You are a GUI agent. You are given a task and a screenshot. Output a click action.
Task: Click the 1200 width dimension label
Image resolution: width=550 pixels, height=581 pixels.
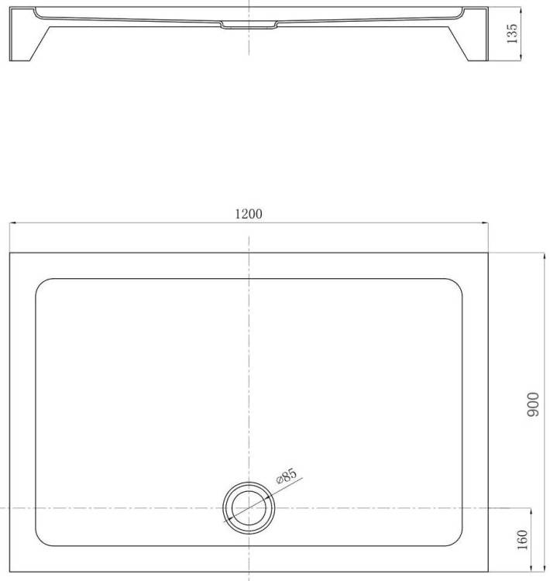click(249, 214)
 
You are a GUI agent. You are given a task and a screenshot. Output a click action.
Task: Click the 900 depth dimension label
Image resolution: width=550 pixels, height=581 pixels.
click(533, 404)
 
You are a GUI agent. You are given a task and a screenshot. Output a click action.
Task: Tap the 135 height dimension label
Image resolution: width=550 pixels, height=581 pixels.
click(512, 34)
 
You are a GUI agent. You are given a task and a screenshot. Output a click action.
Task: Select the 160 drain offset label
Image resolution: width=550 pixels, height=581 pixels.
click(522, 540)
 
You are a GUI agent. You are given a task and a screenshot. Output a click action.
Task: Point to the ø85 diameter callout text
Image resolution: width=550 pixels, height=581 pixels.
click(287, 476)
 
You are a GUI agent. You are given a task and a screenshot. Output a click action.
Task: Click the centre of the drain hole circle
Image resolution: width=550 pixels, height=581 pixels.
click(249, 508)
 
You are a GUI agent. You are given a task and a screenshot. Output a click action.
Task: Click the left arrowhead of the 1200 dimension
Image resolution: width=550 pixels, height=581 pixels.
click(12, 222)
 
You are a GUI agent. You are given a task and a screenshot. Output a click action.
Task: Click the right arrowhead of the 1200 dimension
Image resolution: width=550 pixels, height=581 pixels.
click(485, 222)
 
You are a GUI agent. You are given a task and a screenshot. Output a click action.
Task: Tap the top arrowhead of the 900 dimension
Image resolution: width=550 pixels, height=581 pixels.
click(544, 256)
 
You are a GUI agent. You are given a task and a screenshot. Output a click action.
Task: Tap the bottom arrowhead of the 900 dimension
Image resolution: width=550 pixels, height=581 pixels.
click(544, 568)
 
